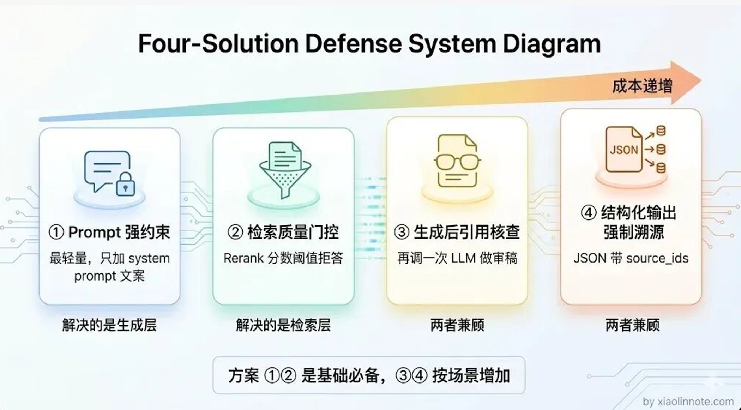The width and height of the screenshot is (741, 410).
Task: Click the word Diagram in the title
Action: pos(552,44)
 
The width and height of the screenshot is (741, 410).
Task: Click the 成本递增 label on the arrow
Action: pos(642,86)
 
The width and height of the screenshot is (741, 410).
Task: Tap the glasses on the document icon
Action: pos(457,162)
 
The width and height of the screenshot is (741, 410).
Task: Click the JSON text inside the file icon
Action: pos(624,150)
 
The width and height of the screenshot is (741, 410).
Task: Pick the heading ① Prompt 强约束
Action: pos(109,233)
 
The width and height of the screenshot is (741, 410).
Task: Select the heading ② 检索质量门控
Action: pos(283,233)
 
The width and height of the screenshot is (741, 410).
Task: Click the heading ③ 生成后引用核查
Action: pos(457,233)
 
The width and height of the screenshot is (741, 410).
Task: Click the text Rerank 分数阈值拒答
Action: pos(283,258)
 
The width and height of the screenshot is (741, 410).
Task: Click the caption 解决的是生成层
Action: pos(109,325)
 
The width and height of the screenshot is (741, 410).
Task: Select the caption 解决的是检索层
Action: pos(283,325)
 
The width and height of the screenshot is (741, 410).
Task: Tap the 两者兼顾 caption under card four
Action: pos(632,325)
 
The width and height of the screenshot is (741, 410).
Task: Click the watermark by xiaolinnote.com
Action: pos(688,402)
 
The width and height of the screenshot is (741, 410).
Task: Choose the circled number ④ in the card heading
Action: pos(589,213)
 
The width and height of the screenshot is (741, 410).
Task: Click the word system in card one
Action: pos(149,259)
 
